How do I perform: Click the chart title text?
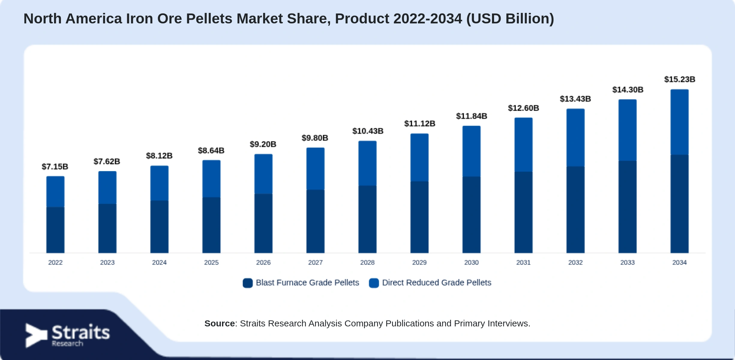point(289,19)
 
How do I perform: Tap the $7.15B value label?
point(55,166)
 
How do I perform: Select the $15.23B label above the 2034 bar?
point(679,79)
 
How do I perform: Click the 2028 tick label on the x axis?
point(367,262)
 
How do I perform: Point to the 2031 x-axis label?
point(523,262)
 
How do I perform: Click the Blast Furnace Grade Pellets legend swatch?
point(247,283)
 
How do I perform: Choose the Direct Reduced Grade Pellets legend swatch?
point(374,283)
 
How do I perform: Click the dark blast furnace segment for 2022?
point(55,230)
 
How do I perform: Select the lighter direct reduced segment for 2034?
point(679,122)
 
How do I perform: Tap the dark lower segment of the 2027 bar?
point(315,221)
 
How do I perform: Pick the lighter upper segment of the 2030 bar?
point(471,151)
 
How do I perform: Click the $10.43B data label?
point(368,131)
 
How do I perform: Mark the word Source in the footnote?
point(220,323)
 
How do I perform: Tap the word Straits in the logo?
point(81,332)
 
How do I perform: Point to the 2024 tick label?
point(159,262)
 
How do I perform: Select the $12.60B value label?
point(523,108)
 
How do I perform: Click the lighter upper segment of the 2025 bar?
point(211,178)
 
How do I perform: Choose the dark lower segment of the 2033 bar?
point(627,207)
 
